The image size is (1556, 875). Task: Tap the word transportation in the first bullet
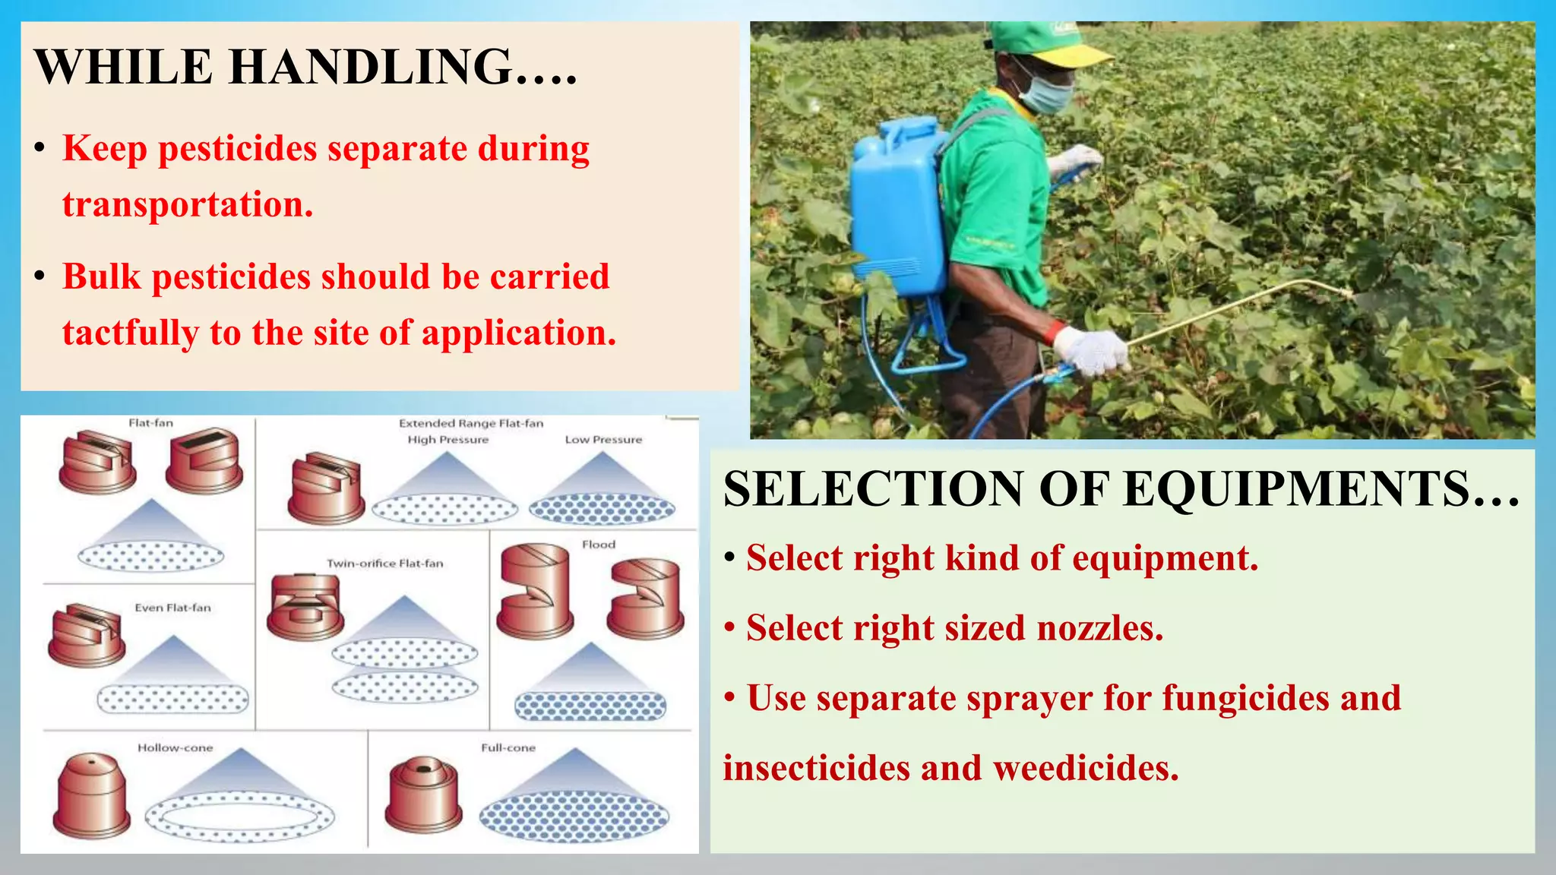[x=187, y=204]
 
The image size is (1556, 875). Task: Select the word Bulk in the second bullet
[x=102, y=276]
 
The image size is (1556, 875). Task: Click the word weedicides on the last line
[x=1086, y=768]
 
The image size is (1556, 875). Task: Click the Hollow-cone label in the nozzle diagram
[x=175, y=748]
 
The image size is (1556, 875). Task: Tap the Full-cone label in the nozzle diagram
[x=508, y=748]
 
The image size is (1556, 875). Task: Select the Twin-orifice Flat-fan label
[x=384, y=564]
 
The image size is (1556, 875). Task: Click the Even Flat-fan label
[x=172, y=608]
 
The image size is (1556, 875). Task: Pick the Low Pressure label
[x=603, y=440]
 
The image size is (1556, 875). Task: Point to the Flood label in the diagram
[x=598, y=545]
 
